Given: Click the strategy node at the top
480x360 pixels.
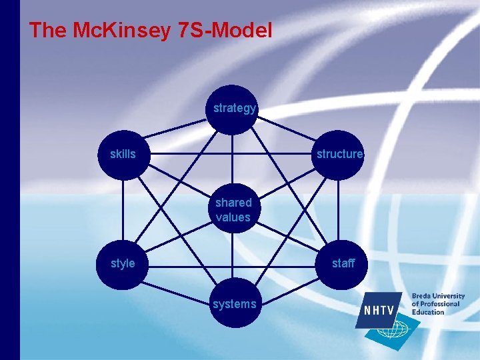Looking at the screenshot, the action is (x=233, y=109).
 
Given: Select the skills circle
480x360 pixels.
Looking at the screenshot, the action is (x=123, y=155).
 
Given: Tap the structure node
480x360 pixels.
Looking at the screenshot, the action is (x=339, y=155).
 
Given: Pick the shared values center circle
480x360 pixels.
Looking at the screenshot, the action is (x=233, y=209).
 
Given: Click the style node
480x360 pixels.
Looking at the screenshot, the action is (x=123, y=264).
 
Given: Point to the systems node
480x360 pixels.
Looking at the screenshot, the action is (x=234, y=305).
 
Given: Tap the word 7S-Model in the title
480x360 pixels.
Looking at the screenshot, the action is (x=226, y=30).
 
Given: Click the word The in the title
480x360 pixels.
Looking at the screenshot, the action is (x=46, y=30).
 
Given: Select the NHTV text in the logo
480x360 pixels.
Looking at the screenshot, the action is (x=379, y=311).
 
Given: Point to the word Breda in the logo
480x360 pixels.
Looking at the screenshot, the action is (x=421, y=296).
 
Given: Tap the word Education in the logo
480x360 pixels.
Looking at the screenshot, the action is (x=427, y=312).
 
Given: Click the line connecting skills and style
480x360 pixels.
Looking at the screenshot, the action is (x=123, y=209).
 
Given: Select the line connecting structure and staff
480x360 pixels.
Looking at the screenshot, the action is (x=339, y=209).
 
